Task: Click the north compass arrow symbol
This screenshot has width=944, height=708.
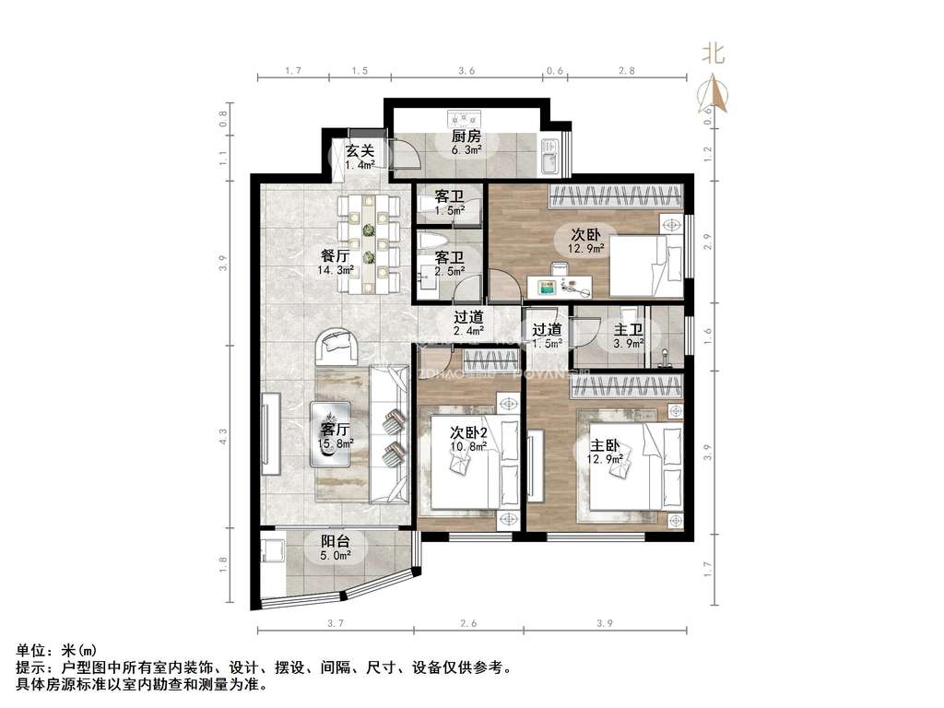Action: click(x=715, y=93)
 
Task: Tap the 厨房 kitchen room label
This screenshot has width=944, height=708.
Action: click(x=466, y=136)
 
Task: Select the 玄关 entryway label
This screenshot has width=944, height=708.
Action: click(x=360, y=151)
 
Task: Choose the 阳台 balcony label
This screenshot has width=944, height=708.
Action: click(x=335, y=542)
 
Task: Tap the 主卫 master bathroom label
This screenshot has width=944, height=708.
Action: click(x=629, y=329)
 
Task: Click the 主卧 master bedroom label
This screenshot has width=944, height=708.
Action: click(x=606, y=443)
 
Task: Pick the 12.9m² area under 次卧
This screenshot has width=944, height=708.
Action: click(x=586, y=248)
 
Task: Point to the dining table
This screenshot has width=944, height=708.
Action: click(x=369, y=242)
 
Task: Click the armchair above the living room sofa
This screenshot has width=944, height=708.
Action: click(x=340, y=348)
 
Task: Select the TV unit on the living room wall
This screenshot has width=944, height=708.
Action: click(x=271, y=433)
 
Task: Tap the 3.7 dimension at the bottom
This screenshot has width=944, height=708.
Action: click(x=335, y=624)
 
